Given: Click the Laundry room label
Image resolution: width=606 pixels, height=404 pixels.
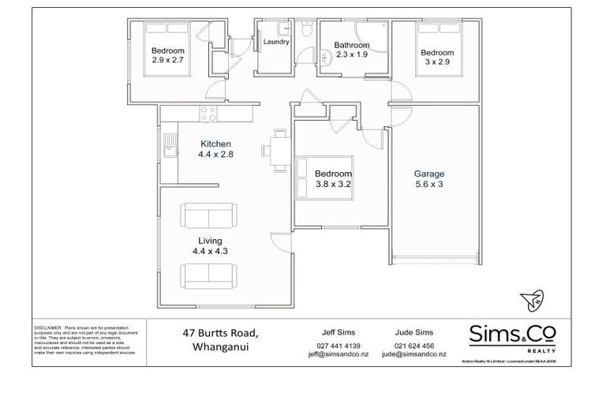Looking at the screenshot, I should pyautogui.click(x=275, y=41).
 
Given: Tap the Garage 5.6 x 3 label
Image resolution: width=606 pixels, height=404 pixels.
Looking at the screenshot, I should pyautogui.click(x=430, y=179).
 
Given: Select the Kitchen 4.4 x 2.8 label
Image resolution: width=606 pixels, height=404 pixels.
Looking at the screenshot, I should pyautogui.click(x=215, y=149).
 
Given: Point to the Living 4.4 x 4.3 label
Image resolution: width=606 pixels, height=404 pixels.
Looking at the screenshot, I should pyautogui.click(x=210, y=245).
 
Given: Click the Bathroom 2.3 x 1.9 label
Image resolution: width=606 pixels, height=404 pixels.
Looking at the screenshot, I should pyautogui.click(x=352, y=50).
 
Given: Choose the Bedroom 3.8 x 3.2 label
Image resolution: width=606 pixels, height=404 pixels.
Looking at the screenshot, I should pyautogui.click(x=334, y=178).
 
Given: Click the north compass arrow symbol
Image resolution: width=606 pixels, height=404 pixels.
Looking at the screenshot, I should pyautogui.click(x=531, y=300).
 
